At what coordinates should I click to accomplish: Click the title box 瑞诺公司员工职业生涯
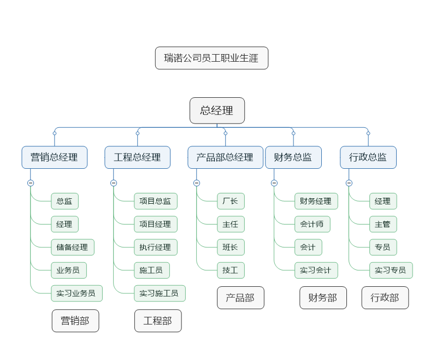coord(211,58)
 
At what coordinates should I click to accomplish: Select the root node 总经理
coord(217,110)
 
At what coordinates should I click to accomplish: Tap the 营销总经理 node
coord(54,157)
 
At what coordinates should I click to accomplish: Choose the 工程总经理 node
coord(137,157)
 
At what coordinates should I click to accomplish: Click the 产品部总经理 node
coord(225,157)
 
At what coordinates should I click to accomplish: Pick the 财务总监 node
coord(293,157)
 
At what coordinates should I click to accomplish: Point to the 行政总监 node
coord(368,157)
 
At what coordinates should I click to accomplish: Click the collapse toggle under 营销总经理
coord(31,183)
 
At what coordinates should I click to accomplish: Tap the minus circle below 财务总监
coord(274,183)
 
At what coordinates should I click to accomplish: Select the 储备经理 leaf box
coord(72,247)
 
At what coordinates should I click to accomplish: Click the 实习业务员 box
coord(76,293)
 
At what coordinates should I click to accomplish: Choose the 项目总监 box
coord(155,201)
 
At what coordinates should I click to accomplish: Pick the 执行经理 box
coord(155,247)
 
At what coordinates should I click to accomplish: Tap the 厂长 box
coord(230,201)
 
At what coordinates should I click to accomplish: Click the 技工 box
coord(230,270)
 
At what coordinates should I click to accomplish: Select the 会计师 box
coord(312,224)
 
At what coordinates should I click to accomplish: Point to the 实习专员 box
coord(390,270)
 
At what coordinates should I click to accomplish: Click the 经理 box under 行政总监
coord(382,201)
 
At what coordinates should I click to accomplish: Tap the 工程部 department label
coord(158,321)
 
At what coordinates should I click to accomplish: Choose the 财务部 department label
coord(323,298)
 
